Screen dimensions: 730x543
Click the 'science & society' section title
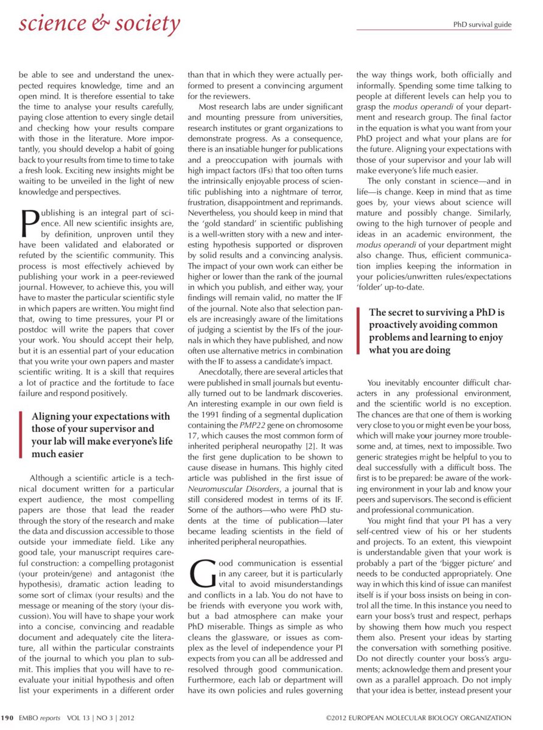click(99, 24)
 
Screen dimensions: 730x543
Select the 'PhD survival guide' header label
click(482, 25)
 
